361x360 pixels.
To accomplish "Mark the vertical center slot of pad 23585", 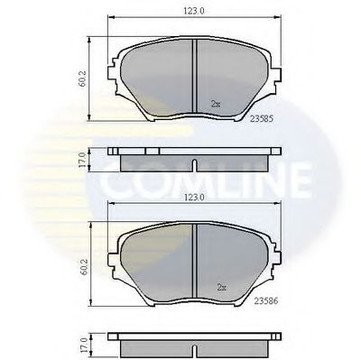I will (196, 78).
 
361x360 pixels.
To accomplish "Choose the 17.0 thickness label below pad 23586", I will (81, 345).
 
